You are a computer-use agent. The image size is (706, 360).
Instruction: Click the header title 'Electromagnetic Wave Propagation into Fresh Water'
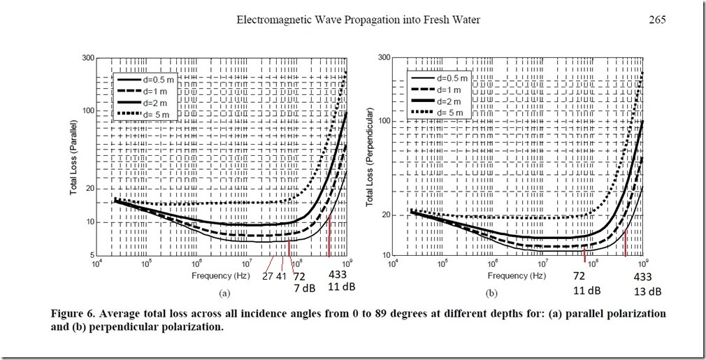tap(358, 20)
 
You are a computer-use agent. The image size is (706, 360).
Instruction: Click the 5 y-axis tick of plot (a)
tap(91, 254)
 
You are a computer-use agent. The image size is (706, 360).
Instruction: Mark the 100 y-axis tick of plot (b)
tap(382, 122)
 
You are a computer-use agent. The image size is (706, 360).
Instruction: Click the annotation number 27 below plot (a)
tap(268, 275)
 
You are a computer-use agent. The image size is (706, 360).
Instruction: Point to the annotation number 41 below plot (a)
tap(281, 275)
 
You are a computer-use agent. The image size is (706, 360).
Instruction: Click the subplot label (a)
tap(224, 293)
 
